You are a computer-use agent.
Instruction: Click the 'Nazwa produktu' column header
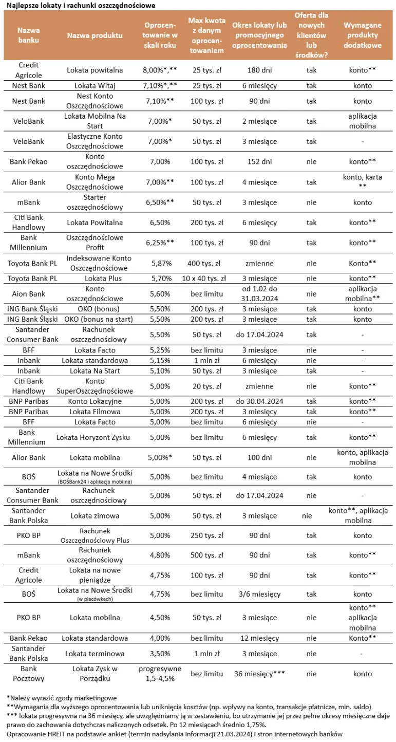click(95, 35)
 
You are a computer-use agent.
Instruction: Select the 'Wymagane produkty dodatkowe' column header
click(362, 35)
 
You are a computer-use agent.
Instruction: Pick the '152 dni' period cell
click(259, 162)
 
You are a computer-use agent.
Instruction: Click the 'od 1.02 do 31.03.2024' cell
click(259, 294)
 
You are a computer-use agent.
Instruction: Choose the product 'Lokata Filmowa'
click(95, 412)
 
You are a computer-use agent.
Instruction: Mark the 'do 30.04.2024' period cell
click(259, 401)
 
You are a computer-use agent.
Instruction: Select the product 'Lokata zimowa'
click(95, 515)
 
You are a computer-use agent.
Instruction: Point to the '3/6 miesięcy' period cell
click(259, 594)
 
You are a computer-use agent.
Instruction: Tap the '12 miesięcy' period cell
click(259, 638)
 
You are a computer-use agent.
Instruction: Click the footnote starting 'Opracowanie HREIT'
click(175, 734)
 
